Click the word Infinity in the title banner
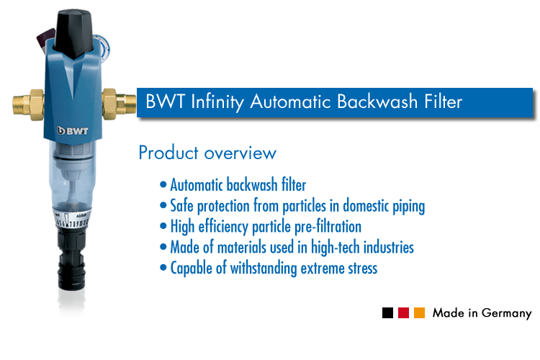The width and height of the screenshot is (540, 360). pos(217,102)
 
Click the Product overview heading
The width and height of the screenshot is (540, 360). pos(207,153)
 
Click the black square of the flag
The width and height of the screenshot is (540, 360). pos(388,313)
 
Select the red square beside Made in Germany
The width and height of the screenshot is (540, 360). pos(404,313)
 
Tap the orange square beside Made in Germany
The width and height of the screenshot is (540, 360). pos(420,313)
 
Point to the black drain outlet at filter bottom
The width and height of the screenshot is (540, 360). pos(74,274)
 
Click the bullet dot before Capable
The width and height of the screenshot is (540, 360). pos(165,269)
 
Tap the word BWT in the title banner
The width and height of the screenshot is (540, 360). pos(162,102)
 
